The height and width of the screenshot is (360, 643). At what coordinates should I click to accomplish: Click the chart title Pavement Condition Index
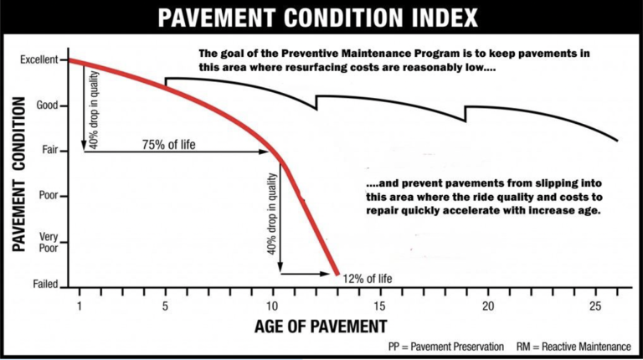[x=321, y=17]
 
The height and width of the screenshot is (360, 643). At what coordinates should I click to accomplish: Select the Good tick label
[x=47, y=106]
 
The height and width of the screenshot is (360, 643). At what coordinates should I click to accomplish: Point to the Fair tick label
[x=49, y=152]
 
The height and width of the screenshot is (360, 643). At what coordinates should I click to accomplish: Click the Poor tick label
[x=47, y=197]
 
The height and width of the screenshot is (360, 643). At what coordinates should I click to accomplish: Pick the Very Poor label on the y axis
[x=48, y=241]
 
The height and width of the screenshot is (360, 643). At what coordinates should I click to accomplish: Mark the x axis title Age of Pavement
[x=321, y=325]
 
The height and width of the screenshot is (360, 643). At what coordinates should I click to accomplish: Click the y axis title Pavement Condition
[x=18, y=174]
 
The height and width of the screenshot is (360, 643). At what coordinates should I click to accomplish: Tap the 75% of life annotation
[x=168, y=145]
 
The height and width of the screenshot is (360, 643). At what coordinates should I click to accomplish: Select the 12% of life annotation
[x=367, y=278]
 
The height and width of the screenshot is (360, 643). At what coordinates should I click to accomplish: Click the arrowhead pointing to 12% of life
[x=332, y=273]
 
